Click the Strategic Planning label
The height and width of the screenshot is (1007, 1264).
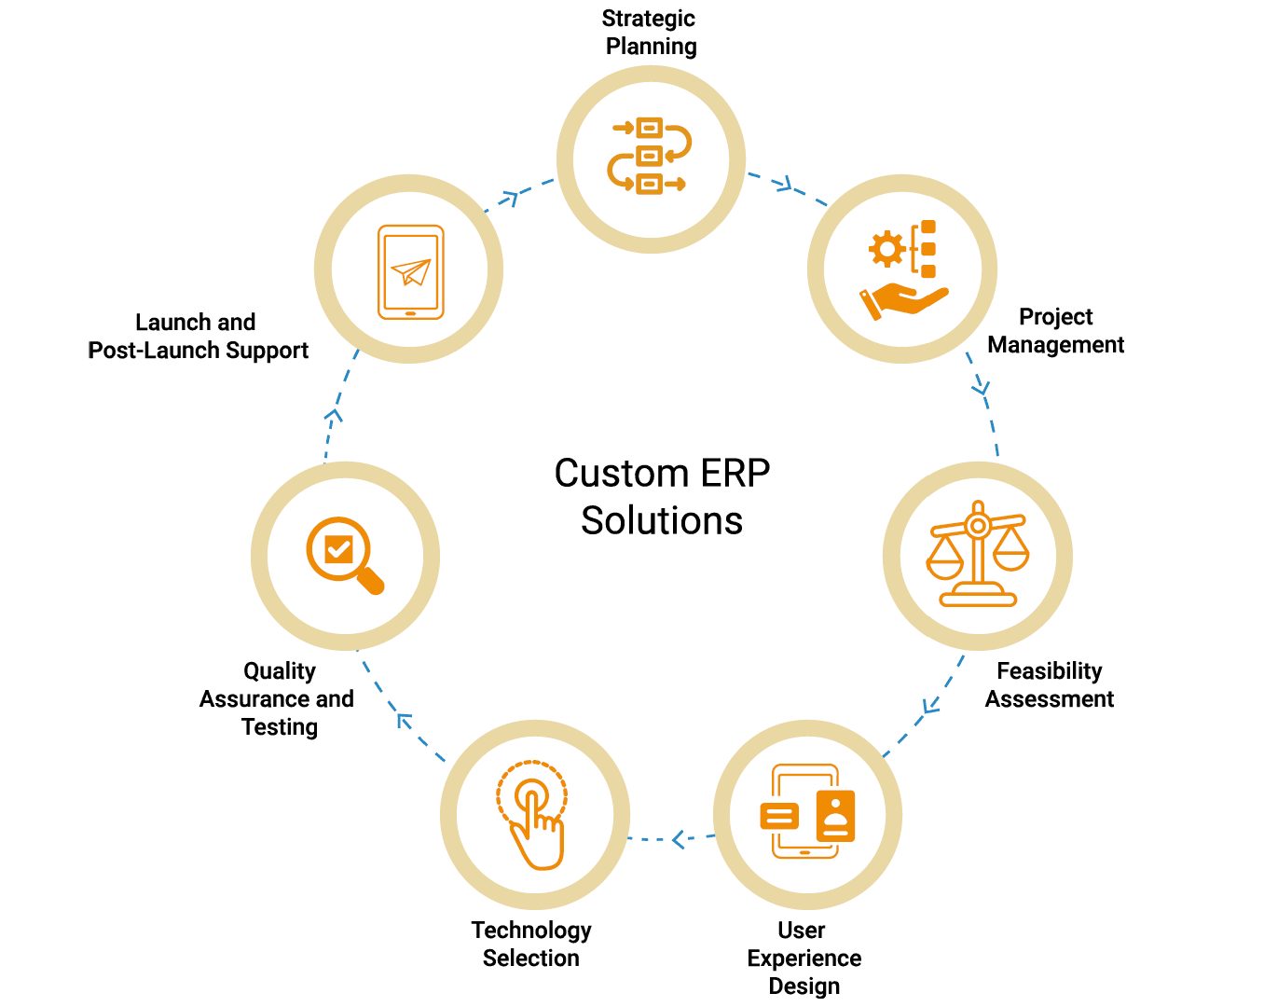point(650,33)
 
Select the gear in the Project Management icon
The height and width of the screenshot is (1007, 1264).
point(886,249)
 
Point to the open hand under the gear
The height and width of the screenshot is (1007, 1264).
point(902,301)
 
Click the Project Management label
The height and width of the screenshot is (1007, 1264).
point(1055,331)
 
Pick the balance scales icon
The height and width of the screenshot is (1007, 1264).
point(977,555)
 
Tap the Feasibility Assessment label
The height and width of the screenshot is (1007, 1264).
point(1050,685)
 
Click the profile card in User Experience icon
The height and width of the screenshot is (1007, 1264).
point(835,816)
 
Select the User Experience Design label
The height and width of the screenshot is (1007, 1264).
point(804,958)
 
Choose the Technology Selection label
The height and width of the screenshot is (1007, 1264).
point(531,944)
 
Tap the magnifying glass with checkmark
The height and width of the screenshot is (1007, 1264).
point(344,555)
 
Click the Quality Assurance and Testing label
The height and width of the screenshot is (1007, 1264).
point(278,698)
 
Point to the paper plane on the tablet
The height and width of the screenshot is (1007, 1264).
point(411,271)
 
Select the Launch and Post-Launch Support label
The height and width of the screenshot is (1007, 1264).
point(198,337)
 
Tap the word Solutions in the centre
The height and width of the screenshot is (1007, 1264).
point(662,520)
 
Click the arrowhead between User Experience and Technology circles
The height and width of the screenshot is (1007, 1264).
point(680,839)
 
